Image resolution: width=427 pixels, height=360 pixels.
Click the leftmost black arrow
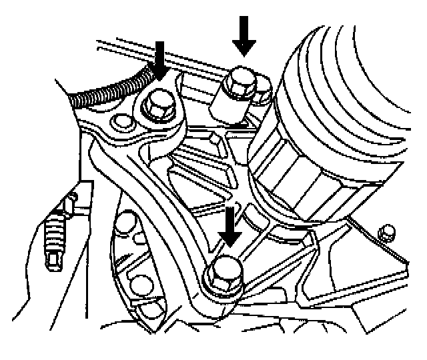tap(160, 60)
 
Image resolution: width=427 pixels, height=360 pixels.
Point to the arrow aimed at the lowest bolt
tap(230, 227)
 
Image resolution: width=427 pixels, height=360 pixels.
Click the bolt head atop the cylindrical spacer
tap(238, 83)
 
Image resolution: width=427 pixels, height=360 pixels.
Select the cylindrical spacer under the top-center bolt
tap(230, 107)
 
